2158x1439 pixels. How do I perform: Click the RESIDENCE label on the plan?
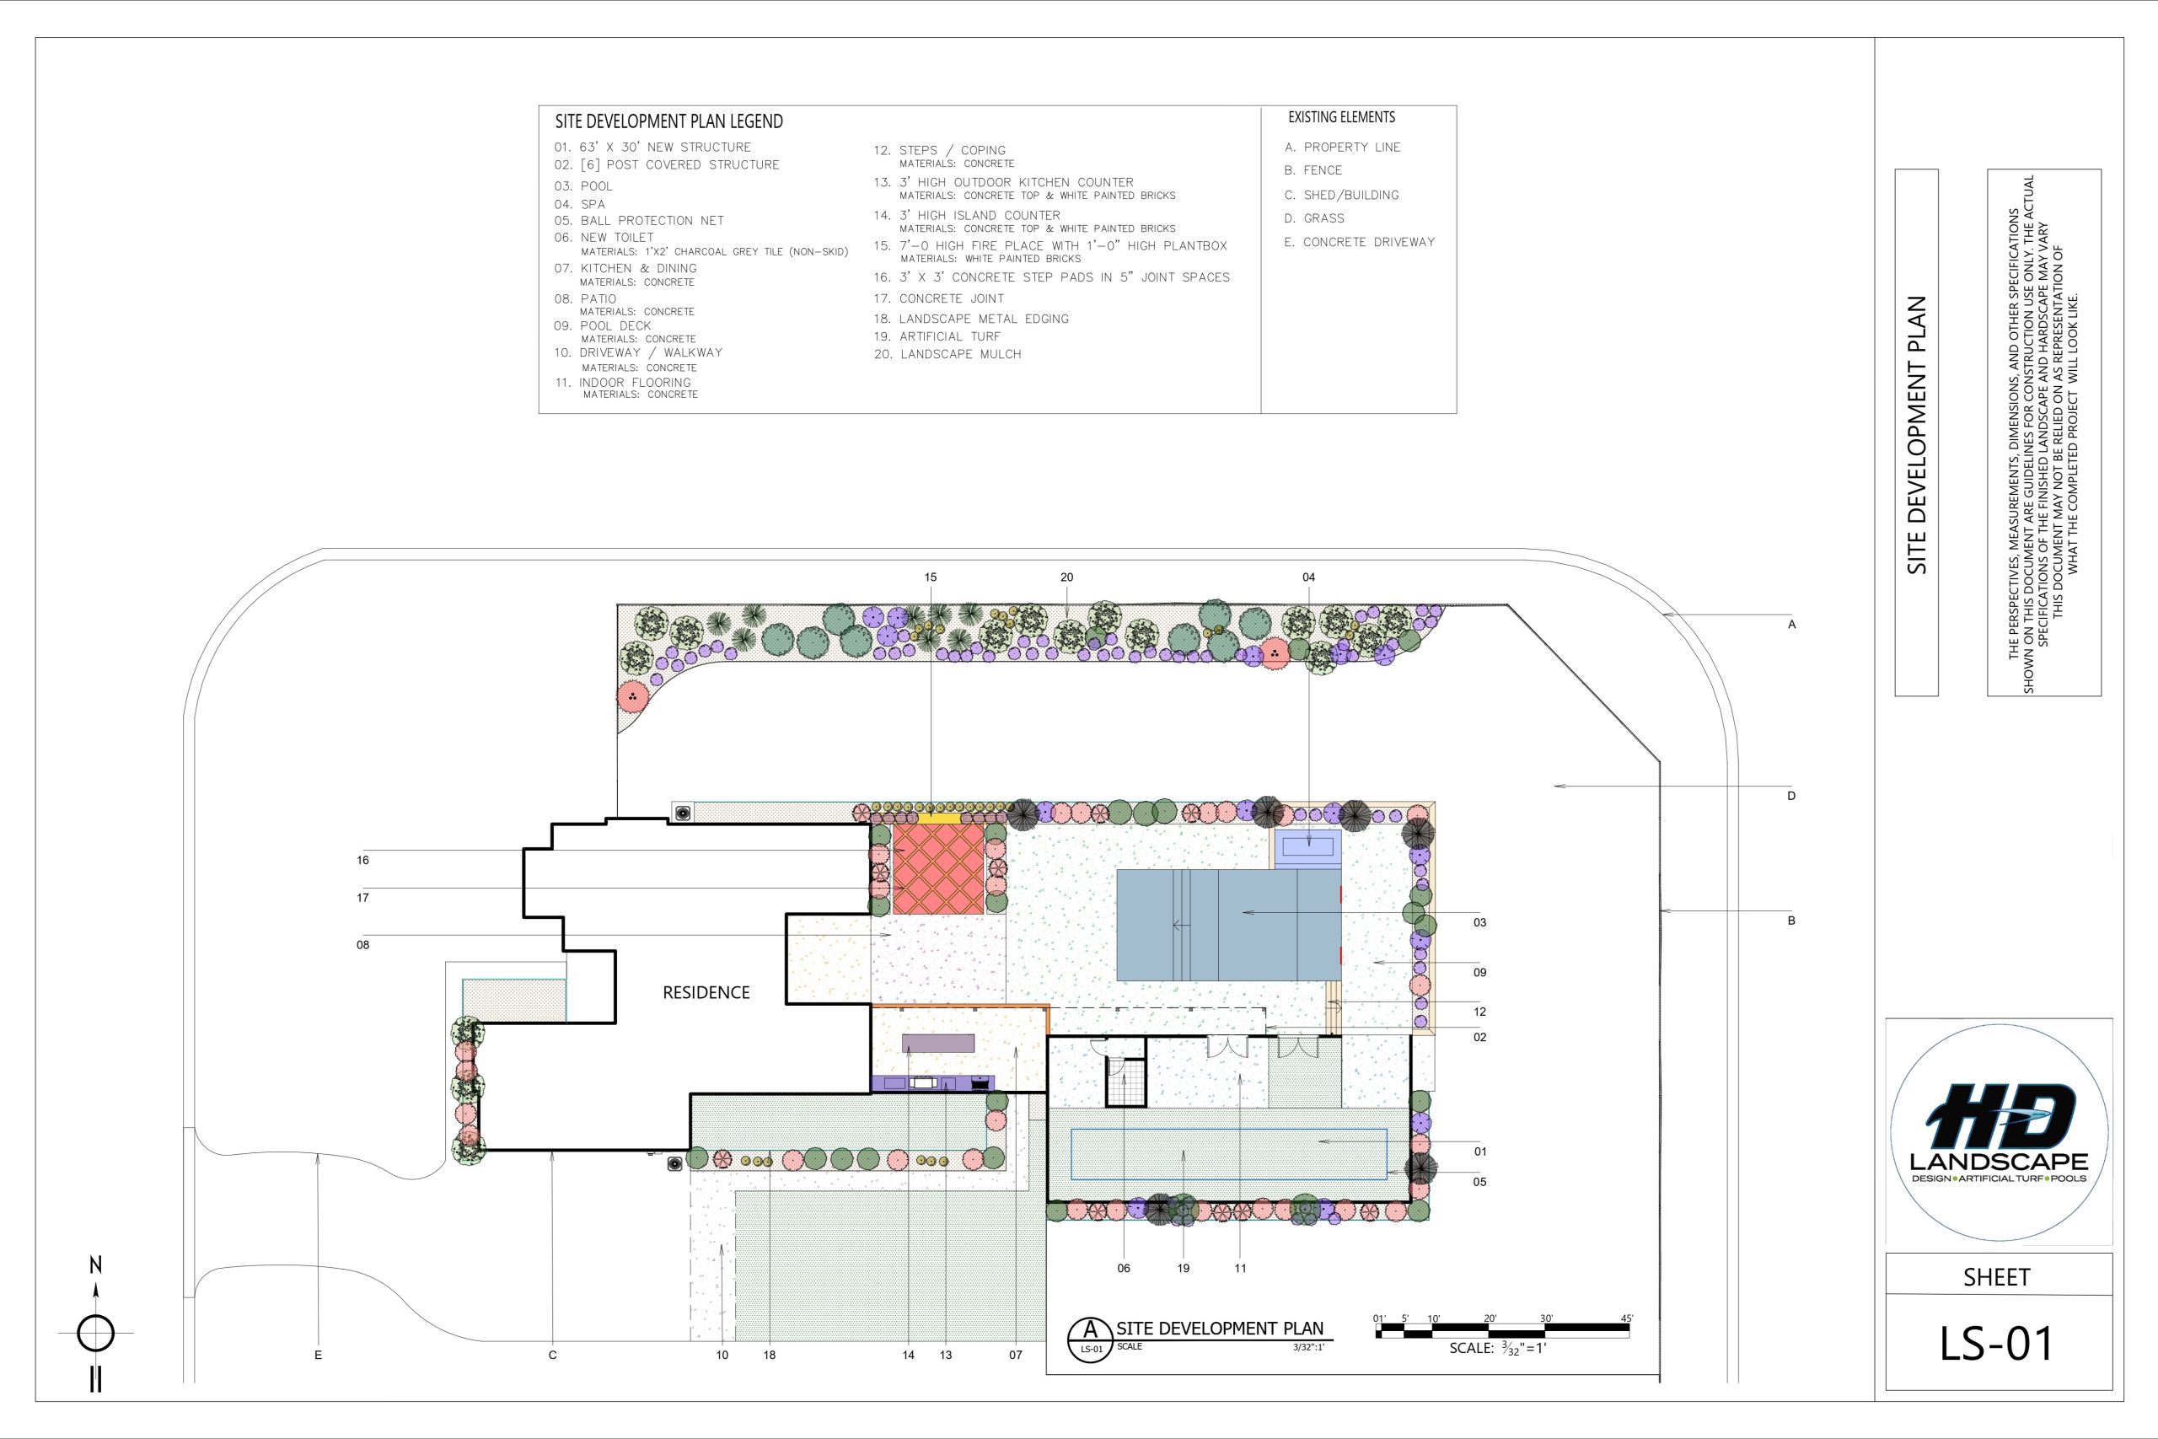coord(706,992)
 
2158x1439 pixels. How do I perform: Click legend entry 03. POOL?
coord(582,186)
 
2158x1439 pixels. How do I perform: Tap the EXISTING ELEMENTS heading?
coord(1341,117)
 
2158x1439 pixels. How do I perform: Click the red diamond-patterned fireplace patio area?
coord(937,867)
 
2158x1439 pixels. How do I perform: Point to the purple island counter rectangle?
coord(938,1043)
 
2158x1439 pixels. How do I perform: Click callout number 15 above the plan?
coord(931,577)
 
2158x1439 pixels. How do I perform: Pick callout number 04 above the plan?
coord(1308,577)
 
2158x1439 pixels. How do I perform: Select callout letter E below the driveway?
coord(319,1355)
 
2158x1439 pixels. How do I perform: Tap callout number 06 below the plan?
coord(1124,1269)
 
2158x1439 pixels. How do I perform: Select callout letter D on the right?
coord(1791,797)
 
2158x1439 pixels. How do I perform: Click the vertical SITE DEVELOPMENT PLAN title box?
coord(1917,432)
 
